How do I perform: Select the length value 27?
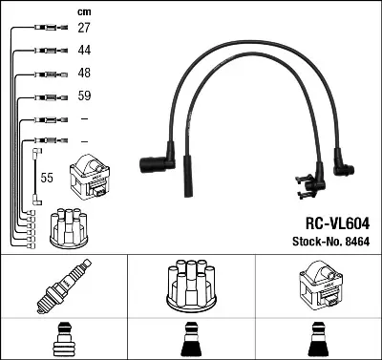[x=84, y=29]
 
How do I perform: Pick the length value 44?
[x=84, y=51]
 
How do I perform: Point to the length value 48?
[x=84, y=74]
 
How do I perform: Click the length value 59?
[x=84, y=96]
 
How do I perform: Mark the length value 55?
[x=48, y=178]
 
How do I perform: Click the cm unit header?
[x=83, y=11]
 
